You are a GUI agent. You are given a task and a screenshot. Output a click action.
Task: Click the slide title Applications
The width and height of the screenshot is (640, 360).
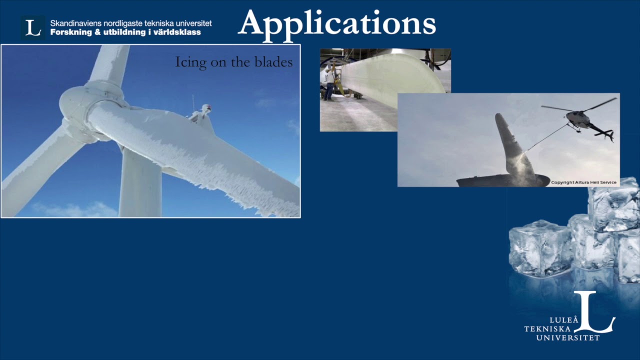[336, 23]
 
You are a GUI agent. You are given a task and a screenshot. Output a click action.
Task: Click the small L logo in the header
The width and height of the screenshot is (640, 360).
[33, 27]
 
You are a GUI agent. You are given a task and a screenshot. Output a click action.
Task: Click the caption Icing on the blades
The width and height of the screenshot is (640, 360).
[233, 62]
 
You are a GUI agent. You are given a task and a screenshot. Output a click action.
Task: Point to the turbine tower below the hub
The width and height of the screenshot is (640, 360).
[140, 185]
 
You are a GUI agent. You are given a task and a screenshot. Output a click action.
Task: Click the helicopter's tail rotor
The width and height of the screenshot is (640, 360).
[610, 134]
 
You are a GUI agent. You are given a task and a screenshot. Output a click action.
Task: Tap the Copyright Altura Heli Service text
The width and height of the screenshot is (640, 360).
[583, 182]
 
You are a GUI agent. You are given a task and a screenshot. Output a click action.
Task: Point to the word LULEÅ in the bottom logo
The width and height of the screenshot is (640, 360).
[564, 320]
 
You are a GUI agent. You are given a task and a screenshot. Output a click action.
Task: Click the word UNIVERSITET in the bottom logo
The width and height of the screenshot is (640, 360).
[567, 338]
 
